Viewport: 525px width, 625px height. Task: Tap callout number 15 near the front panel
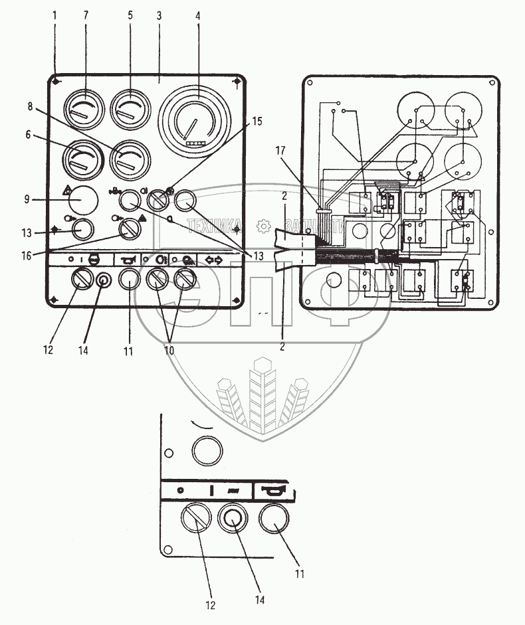pyautogui.click(x=257, y=122)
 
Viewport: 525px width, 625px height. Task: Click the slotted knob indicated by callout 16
pyautogui.click(x=128, y=230)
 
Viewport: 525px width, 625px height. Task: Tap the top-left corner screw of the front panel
pyautogui.click(x=57, y=82)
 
